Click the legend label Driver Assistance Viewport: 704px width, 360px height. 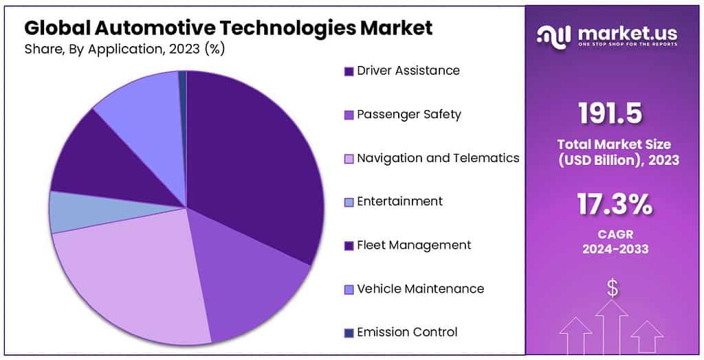coord(408,71)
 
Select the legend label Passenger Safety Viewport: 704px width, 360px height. coord(408,115)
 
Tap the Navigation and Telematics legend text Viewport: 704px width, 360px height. coord(438,158)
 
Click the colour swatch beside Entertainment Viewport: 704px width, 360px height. coord(349,202)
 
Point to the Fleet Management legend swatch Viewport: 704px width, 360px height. coord(349,246)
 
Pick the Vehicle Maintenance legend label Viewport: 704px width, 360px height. coord(420,289)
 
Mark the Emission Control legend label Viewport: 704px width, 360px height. coord(407,333)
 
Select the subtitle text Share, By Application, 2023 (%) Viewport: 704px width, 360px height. coord(124,49)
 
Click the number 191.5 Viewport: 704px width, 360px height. coord(610,114)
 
